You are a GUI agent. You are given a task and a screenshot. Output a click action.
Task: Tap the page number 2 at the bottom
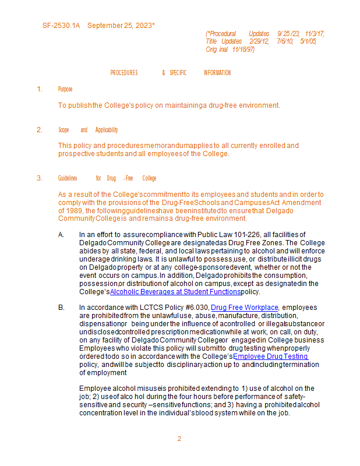179,439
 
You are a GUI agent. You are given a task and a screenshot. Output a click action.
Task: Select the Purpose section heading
65,89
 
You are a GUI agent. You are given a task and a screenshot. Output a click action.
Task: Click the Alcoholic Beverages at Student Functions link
175,292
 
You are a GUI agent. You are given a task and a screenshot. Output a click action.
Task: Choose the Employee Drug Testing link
270,356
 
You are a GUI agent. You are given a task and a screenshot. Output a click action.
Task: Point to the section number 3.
40,178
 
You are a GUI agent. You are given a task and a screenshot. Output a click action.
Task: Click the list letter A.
61,235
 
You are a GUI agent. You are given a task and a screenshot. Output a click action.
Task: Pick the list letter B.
61,307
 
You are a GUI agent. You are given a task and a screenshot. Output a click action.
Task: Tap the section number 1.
40,89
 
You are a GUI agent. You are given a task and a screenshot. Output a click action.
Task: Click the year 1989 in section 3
70,210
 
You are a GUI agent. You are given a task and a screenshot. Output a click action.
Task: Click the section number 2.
40,130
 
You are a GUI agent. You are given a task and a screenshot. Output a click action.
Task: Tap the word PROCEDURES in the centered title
124,73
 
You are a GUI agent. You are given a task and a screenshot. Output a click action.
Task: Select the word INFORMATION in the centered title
217,73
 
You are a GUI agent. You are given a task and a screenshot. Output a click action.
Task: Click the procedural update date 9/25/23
288,34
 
